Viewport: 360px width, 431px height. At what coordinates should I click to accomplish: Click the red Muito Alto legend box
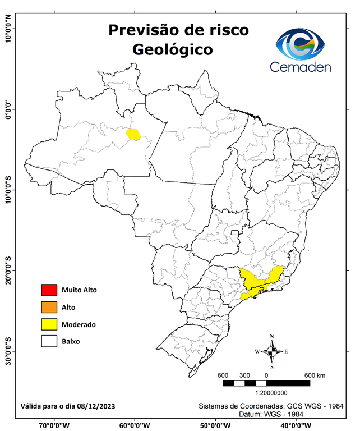pyautogui.click(x=49, y=290)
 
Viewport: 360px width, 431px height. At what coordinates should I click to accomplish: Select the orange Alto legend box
pyautogui.click(x=49, y=307)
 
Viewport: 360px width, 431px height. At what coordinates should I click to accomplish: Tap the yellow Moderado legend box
pyautogui.click(x=49, y=324)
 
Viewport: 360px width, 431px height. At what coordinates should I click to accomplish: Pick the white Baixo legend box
pyautogui.click(x=49, y=341)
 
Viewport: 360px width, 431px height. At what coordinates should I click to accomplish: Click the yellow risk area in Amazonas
pyautogui.click(x=133, y=134)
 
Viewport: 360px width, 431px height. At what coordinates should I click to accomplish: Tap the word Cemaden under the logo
pyautogui.click(x=301, y=67)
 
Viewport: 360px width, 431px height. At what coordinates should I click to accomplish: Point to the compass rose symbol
pyautogui.click(x=272, y=351)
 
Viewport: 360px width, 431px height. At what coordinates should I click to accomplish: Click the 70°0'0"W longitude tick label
pyautogui.click(x=54, y=425)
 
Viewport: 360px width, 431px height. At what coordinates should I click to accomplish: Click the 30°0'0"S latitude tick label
pyautogui.click(x=8, y=351)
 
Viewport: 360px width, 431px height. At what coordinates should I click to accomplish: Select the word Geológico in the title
pyautogui.click(x=172, y=49)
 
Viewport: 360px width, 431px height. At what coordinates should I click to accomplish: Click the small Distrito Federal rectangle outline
pyautogui.click(x=235, y=231)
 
